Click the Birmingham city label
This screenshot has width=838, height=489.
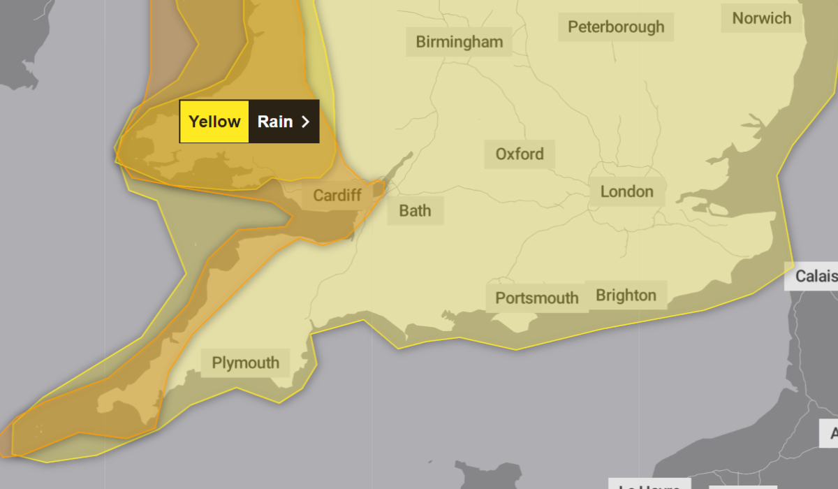click(x=459, y=42)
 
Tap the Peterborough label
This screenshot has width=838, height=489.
click(x=615, y=27)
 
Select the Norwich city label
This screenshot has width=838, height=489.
click(x=761, y=18)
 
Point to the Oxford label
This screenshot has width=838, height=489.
click(x=519, y=154)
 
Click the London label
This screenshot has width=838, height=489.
click(x=626, y=191)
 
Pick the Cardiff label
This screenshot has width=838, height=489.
click(x=337, y=195)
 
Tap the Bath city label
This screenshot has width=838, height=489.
click(x=415, y=210)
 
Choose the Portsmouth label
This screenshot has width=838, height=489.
click(x=536, y=298)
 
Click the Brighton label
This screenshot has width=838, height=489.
click(x=626, y=295)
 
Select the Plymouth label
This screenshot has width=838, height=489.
click(x=245, y=363)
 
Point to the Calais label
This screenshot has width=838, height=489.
click(x=815, y=277)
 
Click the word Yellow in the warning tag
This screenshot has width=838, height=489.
click(x=214, y=122)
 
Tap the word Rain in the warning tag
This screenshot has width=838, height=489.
click(x=274, y=122)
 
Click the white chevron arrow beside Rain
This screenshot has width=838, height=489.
click(x=305, y=122)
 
